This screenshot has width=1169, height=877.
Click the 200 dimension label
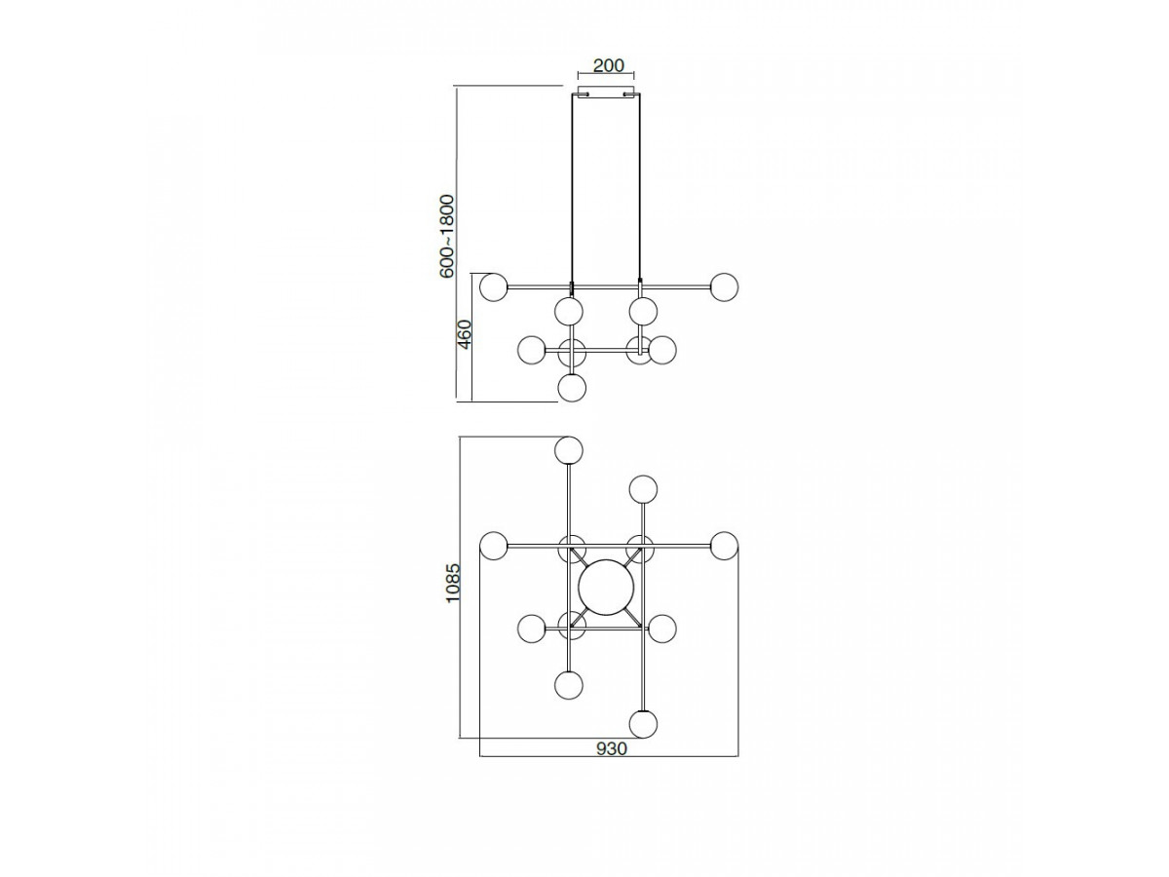click(608, 65)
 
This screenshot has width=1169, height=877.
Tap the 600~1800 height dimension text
click(447, 236)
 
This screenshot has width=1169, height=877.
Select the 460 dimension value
click(465, 334)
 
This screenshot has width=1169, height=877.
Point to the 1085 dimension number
click(453, 583)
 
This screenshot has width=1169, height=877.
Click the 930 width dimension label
click(612, 749)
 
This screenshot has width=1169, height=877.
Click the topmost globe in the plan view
click(568, 450)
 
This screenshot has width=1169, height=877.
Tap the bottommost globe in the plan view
click(643, 725)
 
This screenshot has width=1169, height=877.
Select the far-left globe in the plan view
click(493, 546)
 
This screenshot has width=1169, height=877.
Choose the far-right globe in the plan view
click(724, 546)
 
